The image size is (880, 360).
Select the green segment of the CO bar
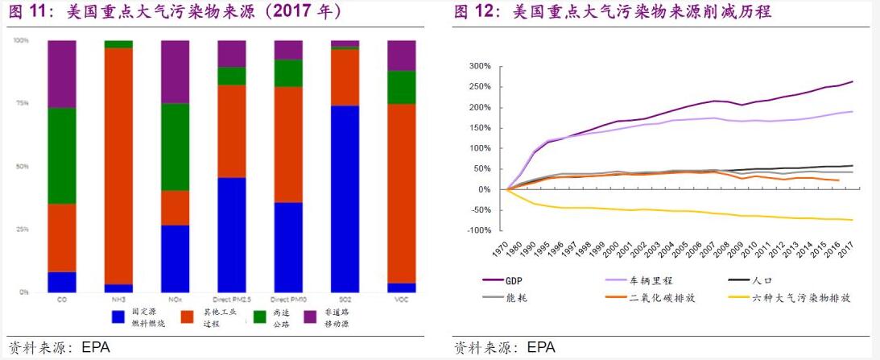[x=62, y=155]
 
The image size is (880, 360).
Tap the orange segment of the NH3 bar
[x=118, y=165]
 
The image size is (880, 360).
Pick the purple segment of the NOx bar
[x=175, y=72]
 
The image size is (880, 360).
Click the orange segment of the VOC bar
[x=402, y=193]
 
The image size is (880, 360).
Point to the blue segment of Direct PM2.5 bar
[x=232, y=234]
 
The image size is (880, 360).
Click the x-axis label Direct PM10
[x=288, y=300]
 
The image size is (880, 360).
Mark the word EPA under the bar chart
[x=96, y=348]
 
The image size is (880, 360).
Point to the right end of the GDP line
[x=853, y=81]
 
